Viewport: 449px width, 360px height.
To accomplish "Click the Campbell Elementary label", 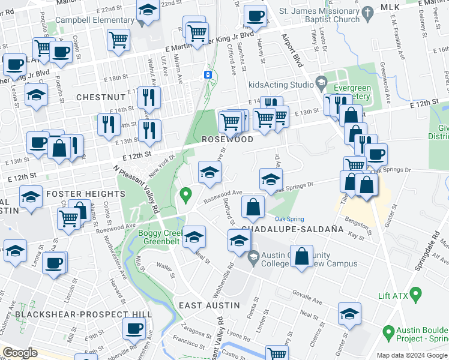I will [94, 20].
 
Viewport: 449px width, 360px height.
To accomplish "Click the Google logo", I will [20, 353].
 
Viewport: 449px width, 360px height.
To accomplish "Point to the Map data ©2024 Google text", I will [412, 355].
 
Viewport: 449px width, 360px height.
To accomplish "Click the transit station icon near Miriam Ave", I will [207, 74].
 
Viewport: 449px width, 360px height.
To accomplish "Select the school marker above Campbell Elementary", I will [146, 11].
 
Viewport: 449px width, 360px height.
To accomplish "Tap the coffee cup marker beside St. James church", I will [255, 16].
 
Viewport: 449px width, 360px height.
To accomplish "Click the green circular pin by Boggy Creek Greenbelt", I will [186, 194].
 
